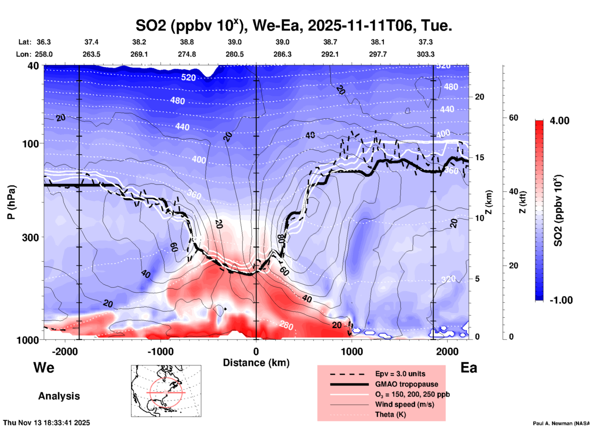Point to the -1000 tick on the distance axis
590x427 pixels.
161,351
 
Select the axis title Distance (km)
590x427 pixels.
256,363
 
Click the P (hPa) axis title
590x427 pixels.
11,202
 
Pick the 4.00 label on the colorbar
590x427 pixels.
559,121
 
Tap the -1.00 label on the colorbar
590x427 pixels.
561,300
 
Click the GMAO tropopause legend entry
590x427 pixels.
407,384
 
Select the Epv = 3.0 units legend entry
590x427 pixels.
400,374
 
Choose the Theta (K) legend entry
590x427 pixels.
390,414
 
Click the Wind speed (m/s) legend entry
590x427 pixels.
404,404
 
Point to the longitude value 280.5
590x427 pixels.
235,54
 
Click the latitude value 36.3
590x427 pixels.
44,42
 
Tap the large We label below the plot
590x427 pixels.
44,368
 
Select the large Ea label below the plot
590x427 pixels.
469,368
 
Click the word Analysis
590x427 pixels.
59,396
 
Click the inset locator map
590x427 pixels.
166,391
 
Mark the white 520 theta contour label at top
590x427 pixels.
188,77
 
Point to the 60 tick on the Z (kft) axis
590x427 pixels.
513,118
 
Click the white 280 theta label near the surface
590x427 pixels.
286,326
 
